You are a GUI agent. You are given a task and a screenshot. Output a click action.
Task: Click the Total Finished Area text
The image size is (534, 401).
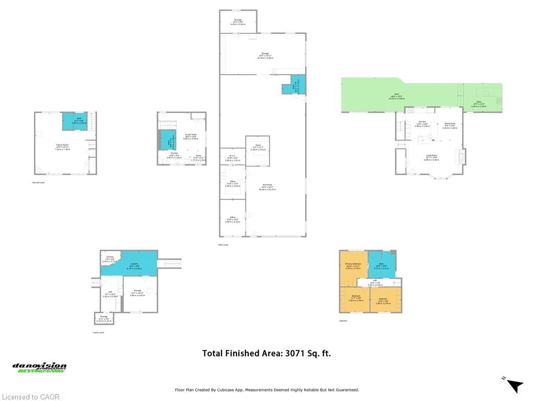tap(266, 353)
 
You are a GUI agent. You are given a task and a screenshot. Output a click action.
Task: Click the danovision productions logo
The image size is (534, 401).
tap(40, 368)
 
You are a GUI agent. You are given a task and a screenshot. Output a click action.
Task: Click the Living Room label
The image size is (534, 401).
tap(431, 156)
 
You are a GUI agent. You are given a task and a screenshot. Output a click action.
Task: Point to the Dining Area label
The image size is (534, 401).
tap(450, 125)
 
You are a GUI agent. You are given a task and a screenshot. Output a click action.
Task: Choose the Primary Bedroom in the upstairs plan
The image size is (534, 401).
tap(353, 266)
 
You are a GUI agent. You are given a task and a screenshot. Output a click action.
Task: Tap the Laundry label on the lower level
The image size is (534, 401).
tap(135, 265)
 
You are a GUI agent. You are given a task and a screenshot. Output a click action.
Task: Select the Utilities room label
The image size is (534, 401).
tap(110, 258)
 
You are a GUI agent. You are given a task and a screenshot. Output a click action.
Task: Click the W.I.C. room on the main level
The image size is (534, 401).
tap(233, 158)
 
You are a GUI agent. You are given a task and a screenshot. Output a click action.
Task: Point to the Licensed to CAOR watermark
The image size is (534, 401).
tap(30, 397)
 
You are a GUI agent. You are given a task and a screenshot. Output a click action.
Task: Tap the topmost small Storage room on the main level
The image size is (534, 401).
tap(238, 21)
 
